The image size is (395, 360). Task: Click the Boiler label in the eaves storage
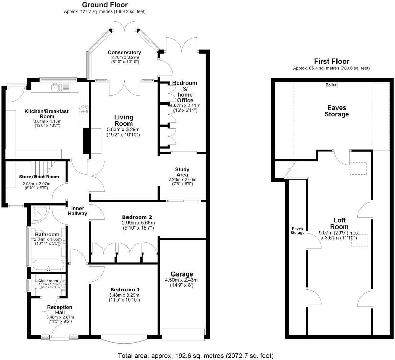[x=331, y=85]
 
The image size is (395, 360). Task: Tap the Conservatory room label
[x=124, y=53]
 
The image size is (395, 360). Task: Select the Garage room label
[x=182, y=274]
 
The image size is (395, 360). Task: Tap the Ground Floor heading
[x=105, y=5]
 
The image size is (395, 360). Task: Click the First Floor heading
[x=331, y=61]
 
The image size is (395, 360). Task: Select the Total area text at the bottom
[x=195, y=356]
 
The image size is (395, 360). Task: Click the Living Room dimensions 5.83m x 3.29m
[x=123, y=129]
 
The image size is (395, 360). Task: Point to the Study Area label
[x=182, y=172]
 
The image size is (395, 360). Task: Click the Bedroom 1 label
[x=125, y=290]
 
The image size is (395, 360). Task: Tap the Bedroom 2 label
[x=137, y=217]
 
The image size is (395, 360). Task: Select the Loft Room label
[x=339, y=223]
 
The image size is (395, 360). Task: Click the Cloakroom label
[x=48, y=281]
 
